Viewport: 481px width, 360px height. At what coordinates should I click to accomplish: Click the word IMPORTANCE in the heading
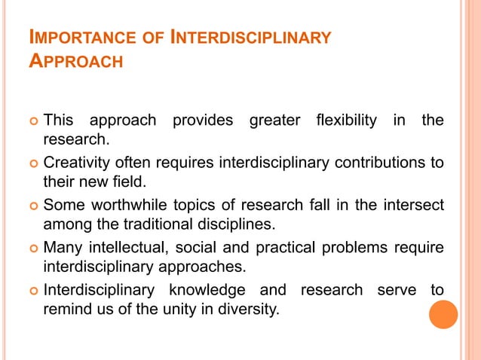coord(75,37)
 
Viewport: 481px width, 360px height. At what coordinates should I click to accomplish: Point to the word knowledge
coord(200,289)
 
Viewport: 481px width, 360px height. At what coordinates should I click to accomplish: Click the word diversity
coord(244,308)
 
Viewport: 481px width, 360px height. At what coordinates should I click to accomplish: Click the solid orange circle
coord(443,314)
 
